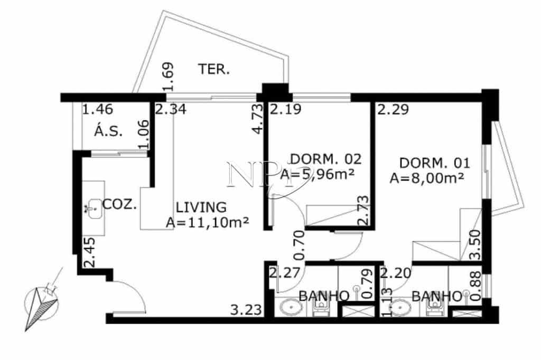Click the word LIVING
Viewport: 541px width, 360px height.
coord(201,207)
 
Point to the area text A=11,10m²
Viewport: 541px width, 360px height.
coord(207,222)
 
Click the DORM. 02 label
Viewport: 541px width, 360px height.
coord(326,159)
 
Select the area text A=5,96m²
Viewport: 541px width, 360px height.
coord(318,174)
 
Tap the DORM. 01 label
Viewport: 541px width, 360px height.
coord(434,163)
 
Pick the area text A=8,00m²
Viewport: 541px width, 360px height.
coord(426,178)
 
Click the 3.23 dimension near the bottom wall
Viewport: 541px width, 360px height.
coord(246,310)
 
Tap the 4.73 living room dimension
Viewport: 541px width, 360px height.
coord(258,119)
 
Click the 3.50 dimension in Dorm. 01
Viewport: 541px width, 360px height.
coord(476,244)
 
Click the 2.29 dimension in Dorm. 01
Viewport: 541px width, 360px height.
coord(393,109)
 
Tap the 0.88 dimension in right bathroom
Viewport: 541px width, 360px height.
coord(476,286)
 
